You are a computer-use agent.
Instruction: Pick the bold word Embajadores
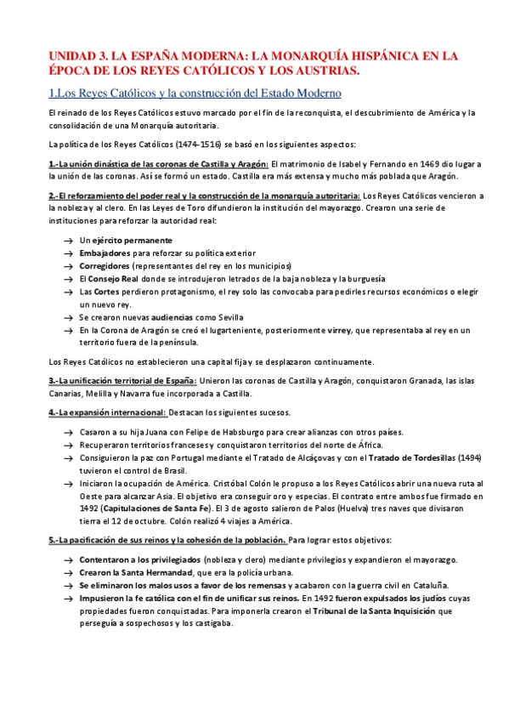tap(105, 253)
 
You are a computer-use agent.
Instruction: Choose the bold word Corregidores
tap(105, 265)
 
